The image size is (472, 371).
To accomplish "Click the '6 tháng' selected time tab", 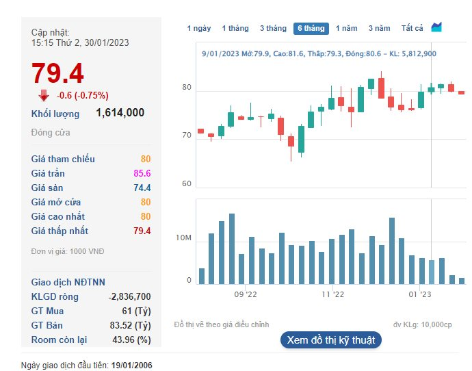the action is [x=311, y=28].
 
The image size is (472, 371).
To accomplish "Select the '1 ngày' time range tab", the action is [x=199, y=28].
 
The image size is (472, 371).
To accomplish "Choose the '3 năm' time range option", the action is [x=379, y=28].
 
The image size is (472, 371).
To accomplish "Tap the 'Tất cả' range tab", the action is [x=412, y=28].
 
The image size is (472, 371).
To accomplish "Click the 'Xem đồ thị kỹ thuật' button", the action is [x=331, y=340].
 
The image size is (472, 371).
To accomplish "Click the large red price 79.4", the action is [x=57, y=73].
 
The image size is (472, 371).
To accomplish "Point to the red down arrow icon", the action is [x=44, y=95].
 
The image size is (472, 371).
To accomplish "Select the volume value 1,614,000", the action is [x=120, y=113].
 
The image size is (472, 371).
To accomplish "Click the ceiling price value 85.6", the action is [x=142, y=173].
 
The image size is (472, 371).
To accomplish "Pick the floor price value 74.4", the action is [x=142, y=188].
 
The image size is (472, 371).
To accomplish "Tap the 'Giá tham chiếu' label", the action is [x=63, y=159].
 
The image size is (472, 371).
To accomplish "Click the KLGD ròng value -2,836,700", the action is [x=130, y=296].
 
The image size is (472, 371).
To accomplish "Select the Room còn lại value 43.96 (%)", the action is [x=131, y=340].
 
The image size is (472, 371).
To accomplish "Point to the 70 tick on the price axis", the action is [x=187, y=136].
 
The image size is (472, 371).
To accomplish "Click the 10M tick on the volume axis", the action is [x=183, y=238].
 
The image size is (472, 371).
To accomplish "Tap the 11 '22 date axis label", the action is [x=332, y=294].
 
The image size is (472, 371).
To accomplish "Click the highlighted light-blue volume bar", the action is [x=432, y=272].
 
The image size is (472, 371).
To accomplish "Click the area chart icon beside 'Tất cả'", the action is [x=436, y=27].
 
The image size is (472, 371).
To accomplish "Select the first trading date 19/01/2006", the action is [x=132, y=366].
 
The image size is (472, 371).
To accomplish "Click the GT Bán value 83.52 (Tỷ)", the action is [x=131, y=325].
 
